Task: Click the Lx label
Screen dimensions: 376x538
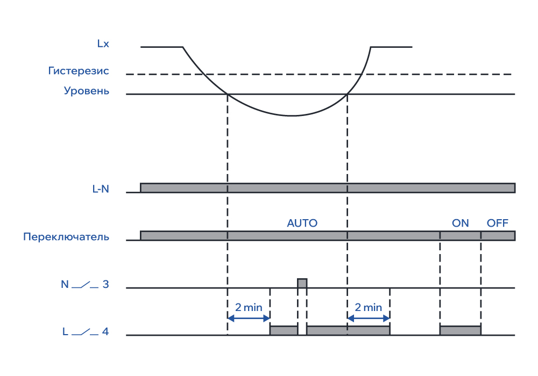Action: point(103,44)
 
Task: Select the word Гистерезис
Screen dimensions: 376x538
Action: point(79,71)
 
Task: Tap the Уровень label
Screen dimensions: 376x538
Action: point(86,91)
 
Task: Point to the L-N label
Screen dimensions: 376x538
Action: point(101,189)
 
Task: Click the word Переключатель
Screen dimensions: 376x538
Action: point(66,237)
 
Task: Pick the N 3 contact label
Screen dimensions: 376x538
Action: point(85,285)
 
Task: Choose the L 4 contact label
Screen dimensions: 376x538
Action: point(85,332)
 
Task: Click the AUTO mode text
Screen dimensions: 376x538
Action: point(302,223)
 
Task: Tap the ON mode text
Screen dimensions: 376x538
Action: point(461,223)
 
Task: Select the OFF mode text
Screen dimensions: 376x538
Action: point(497,223)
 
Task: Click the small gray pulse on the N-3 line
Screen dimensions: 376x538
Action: point(302,283)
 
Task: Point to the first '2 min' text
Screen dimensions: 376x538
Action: point(249,308)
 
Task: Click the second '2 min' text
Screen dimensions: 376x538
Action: point(369,308)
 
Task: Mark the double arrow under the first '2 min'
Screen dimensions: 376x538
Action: point(249,318)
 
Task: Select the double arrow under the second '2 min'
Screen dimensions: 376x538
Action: point(369,318)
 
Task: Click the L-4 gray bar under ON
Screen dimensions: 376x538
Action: point(460,330)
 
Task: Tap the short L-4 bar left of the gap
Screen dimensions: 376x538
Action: point(284,330)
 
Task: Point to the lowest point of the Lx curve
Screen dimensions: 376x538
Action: point(292,115)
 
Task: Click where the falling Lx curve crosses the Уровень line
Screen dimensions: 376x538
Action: point(228,95)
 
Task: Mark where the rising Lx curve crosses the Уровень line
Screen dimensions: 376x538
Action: point(348,95)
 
